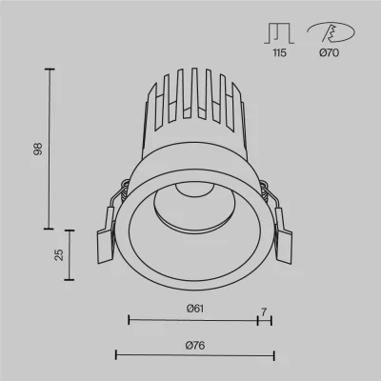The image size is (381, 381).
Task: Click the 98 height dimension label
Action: click(38, 149)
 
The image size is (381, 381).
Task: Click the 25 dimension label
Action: click(59, 254)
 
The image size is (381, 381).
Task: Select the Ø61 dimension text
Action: click(195, 309)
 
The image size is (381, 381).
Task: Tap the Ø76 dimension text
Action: click(195, 345)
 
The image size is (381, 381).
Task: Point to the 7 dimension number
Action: click(264, 312)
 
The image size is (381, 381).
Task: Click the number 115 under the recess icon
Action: click(279, 52)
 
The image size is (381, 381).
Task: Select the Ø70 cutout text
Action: click(330, 52)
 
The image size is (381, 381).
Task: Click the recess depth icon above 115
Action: click(279, 33)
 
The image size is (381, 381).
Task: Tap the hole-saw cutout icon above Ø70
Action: click(331, 32)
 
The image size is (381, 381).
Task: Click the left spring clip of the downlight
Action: click(107, 235)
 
